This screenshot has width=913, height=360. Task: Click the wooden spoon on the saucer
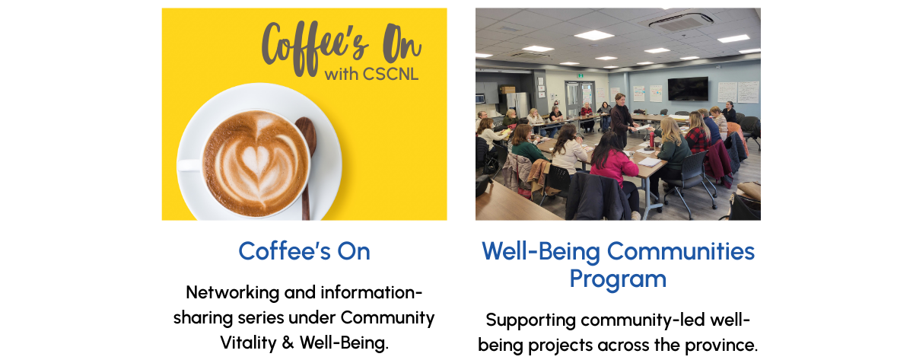[307, 163]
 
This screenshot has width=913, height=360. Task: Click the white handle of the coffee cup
[190, 165]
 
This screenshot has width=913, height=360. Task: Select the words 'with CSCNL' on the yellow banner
[371, 74]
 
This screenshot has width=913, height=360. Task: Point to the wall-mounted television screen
[688, 89]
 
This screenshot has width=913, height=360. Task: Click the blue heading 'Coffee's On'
[304, 251]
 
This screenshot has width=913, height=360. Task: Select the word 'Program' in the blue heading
[618, 279]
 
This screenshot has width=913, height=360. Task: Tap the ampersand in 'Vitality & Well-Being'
[288, 342]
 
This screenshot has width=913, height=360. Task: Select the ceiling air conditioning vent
[680, 21]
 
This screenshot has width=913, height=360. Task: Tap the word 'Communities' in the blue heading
[681, 251]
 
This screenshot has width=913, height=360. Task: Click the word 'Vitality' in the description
[248, 343]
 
